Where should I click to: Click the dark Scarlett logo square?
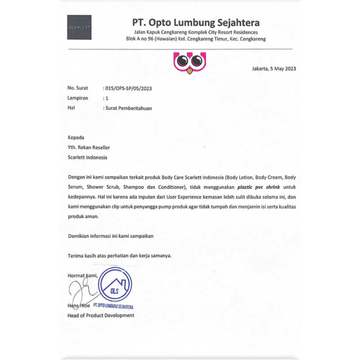(79, 27)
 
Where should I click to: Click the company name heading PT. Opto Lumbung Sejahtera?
(196, 23)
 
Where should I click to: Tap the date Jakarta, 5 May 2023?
(274, 69)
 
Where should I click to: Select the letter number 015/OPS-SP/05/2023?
(128, 89)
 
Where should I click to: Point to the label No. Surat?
(78, 88)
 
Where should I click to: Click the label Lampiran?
(78, 98)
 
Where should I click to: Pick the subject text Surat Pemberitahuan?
(129, 108)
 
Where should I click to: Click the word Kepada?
(76, 137)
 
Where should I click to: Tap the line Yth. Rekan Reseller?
(89, 148)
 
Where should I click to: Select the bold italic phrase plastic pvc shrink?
(258, 187)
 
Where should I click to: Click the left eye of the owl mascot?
(182, 61)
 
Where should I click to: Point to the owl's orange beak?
(189, 71)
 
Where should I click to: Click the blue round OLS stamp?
(115, 285)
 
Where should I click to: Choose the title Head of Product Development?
(101, 315)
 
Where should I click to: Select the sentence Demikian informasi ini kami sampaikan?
(111, 236)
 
